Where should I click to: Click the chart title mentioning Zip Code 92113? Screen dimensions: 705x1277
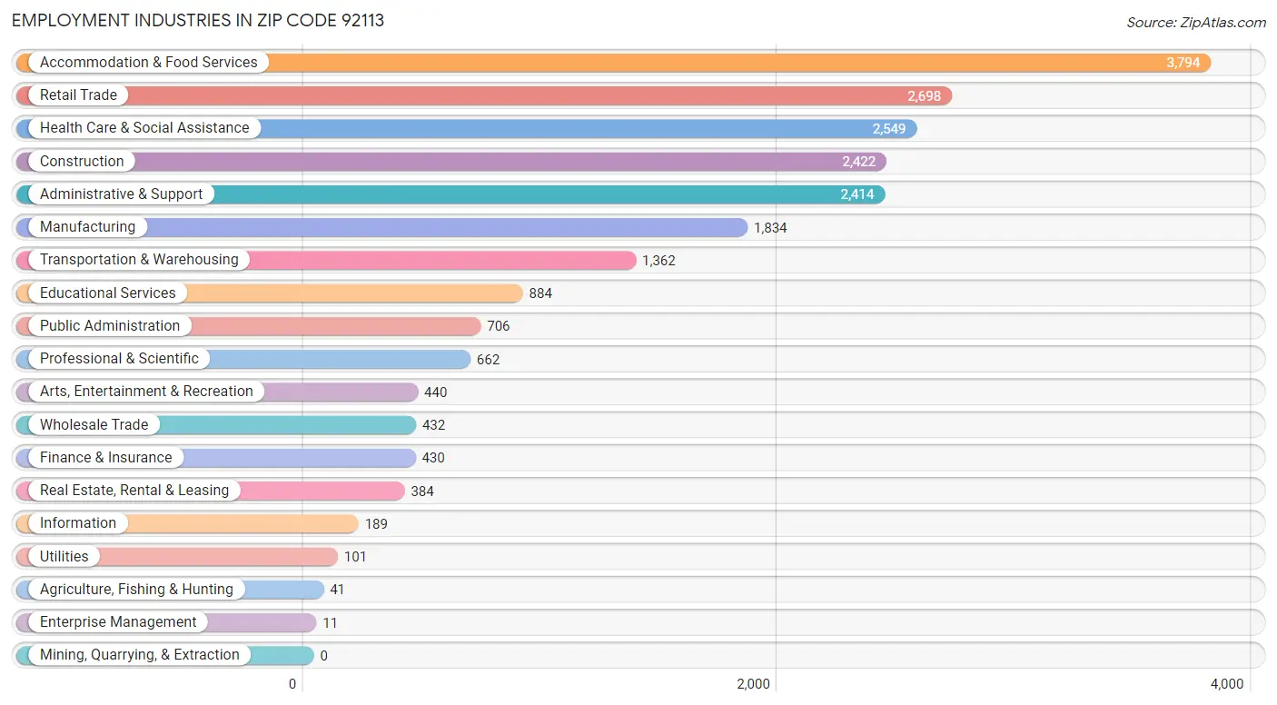coord(198,20)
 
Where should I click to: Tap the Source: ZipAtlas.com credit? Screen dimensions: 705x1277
coord(1195,22)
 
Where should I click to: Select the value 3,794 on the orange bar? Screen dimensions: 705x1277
coord(1183,63)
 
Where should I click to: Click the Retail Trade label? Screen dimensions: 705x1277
coord(78,95)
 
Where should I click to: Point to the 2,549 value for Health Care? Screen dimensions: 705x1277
coord(889,129)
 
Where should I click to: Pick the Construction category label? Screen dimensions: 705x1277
coord(82,162)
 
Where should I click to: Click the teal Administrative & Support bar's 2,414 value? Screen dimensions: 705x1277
coord(857,194)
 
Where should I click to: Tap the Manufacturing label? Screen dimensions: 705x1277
coord(87,227)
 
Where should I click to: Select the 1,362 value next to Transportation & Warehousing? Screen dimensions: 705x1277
coord(658,261)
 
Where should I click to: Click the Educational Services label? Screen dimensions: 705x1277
coord(107,293)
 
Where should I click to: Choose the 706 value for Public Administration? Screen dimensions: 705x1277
coord(499,326)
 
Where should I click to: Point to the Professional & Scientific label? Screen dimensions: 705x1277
coord(119,359)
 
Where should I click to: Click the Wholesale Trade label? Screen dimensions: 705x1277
coord(94,424)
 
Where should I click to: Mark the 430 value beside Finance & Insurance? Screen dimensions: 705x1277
coord(433,458)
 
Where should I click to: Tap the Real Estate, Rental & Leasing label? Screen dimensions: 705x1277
coord(134,491)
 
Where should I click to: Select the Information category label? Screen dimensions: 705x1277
coord(78,523)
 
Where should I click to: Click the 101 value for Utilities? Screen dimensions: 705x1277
coord(355,557)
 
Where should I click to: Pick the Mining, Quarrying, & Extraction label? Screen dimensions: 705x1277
coord(140,655)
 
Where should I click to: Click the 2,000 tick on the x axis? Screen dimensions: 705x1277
coord(753,684)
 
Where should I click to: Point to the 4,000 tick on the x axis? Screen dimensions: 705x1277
coord(1227,684)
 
